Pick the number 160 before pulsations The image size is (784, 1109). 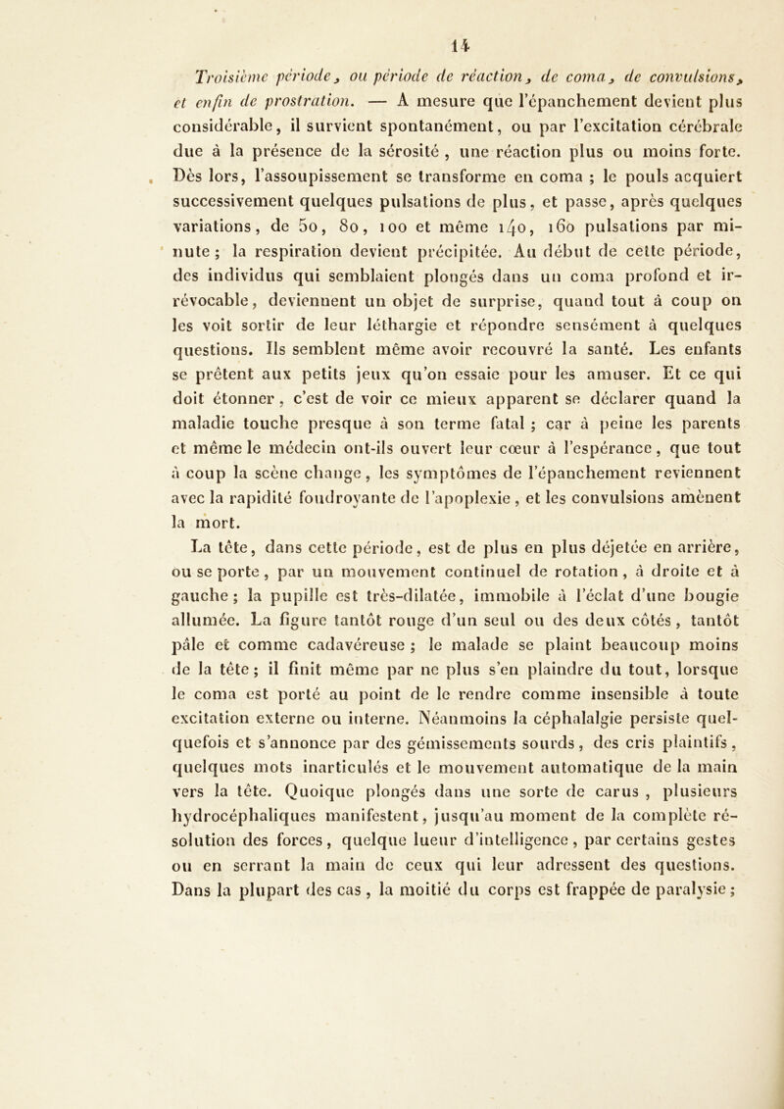[x=508, y=233]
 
